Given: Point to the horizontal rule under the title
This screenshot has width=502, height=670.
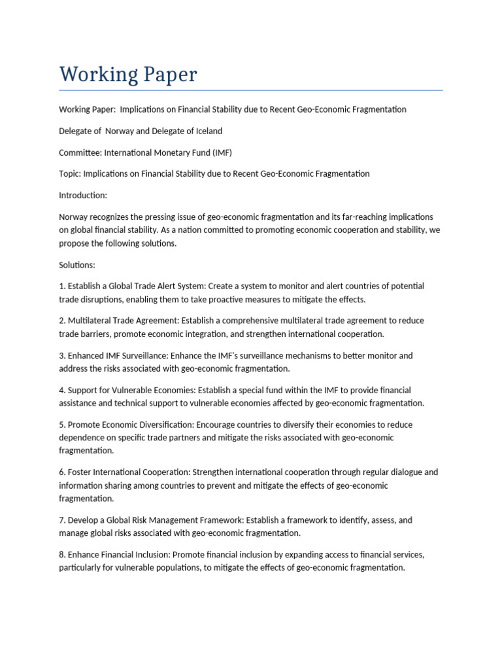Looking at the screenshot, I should coord(251,90).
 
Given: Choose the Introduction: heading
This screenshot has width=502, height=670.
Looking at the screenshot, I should coord(83,195).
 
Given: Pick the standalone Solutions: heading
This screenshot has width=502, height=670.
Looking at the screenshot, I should coord(77,265).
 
